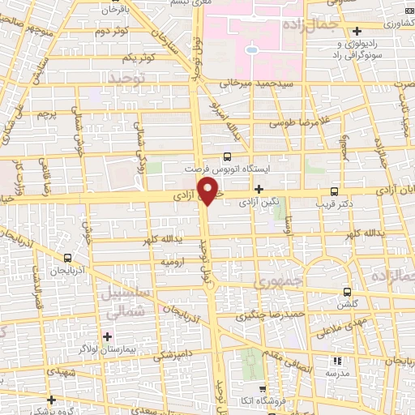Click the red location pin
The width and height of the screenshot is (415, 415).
(208, 192)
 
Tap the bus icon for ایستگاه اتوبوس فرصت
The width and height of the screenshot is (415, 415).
(227, 157)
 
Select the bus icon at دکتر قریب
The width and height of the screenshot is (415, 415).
(334, 192)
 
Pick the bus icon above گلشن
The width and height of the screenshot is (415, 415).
(348, 292)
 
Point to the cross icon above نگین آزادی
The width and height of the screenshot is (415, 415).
(259, 189)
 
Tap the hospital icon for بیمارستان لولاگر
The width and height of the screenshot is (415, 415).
(107, 336)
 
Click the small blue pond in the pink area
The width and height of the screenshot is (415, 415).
(252, 50)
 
